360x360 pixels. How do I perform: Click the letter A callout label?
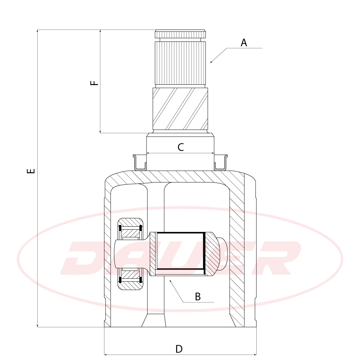[x=244, y=43]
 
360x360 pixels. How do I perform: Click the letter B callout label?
[x=198, y=297]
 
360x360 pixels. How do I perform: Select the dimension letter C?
[x=181, y=147]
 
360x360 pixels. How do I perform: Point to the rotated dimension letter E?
[x=31, y=171]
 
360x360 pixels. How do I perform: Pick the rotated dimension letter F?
[x=94, y=83]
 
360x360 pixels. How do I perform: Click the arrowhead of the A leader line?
[x=211, y=62]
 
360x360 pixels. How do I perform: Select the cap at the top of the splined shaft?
[x=180, y=34]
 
